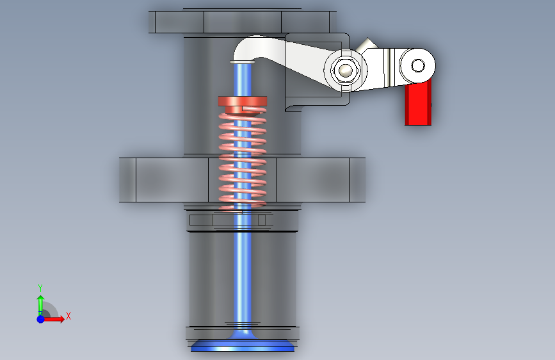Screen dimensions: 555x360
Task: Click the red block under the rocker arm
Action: [418, 104]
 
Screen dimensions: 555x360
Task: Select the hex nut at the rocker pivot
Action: [346, 70]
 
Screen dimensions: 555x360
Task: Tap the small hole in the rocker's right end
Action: [418, 65]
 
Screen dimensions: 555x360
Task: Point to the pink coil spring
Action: [243, 159]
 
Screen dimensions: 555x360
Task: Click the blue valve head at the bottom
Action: [243, 345]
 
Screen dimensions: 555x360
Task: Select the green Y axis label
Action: [40, 288]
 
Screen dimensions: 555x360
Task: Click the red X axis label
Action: [68, 316]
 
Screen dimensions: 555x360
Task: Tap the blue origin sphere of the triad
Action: [41, 319]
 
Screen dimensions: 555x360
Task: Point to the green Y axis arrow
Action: [41, 304]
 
